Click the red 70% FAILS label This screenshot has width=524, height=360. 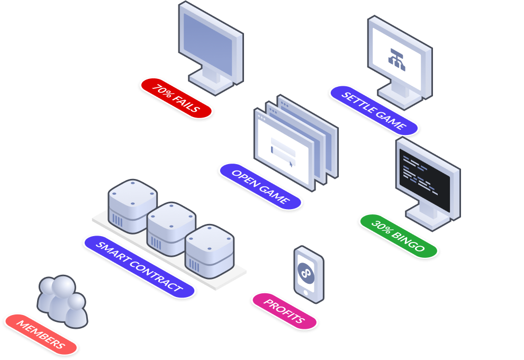pos(176,98)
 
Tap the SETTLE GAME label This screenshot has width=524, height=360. pos(374,111)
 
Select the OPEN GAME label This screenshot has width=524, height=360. pos(260,186)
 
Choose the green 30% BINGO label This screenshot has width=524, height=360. pos(398,236)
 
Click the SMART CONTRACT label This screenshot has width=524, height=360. pos(139,267)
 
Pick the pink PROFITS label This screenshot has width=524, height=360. pos(284,311)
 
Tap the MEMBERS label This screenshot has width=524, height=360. pos(41,334)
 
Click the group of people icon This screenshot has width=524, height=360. pos(61,300)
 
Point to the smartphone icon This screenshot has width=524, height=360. pos(309,274)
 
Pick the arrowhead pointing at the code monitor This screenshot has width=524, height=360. pos(464,202)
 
